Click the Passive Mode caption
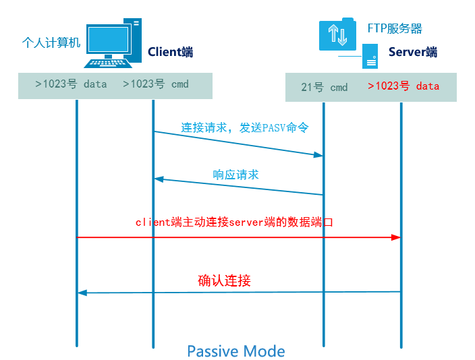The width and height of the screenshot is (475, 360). click(x=235, y=351)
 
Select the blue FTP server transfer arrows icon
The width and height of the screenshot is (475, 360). click(x=337, y=34)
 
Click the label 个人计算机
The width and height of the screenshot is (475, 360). click(x=51, y=43)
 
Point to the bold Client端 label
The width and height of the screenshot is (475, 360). click(x=171, y=52)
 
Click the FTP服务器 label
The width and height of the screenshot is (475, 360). click(x=395, y=28)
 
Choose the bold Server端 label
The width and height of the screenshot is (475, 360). click(x=413, y=52)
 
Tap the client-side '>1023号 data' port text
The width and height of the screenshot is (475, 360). click(x=71, y=85)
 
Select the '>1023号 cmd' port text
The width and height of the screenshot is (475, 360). click(x=155, y=85)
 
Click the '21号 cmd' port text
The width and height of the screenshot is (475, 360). click(x=325, y=87)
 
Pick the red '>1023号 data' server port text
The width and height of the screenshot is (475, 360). click(x=403, y=86)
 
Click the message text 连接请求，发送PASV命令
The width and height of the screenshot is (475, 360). click(x=235, y=127)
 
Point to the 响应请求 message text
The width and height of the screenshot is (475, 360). click(x=236, y=175)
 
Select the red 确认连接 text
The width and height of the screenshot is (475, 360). click(x=225, y=280)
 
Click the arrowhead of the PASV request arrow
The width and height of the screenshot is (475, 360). click(x=318, y=155)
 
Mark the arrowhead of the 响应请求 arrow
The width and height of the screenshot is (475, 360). click(x=159, y=179)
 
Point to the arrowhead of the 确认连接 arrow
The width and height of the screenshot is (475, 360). click(x=82, y=292)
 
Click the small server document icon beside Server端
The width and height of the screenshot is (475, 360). click(x=369, y=55)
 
